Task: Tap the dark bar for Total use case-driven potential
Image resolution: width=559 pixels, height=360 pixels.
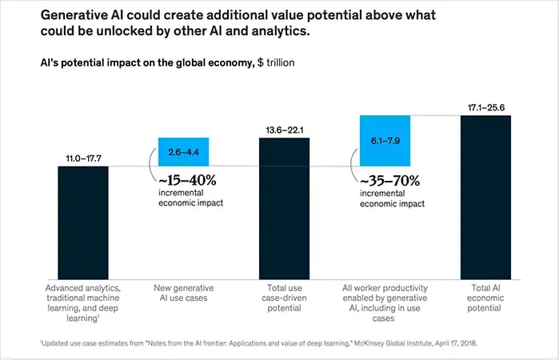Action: coord(284,209)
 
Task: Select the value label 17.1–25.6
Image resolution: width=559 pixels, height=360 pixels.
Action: coord(485,107)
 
